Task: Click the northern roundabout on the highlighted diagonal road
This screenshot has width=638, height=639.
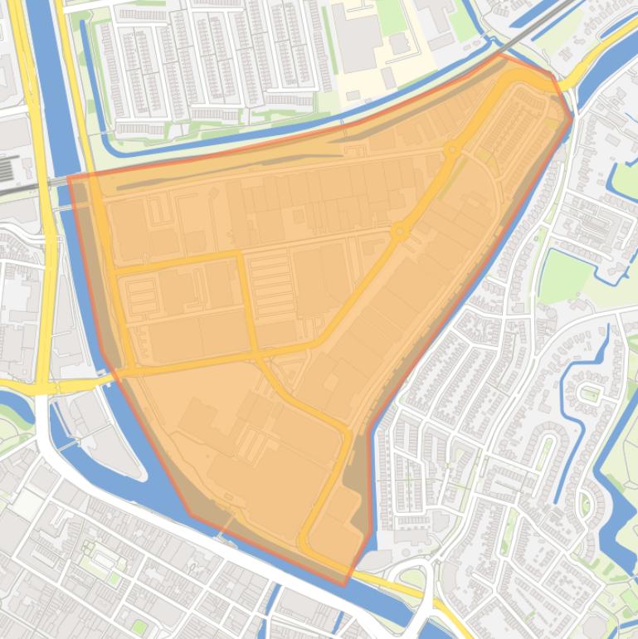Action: pos(452,150)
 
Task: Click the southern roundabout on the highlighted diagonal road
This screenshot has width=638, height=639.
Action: pos(399,232)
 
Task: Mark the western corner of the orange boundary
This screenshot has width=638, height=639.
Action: pos(68,176)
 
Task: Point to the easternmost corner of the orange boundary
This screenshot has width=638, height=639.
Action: pos(572,117)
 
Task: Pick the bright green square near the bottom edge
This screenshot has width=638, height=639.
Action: pos(139,627)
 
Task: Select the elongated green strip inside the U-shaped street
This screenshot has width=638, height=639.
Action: pos(543,452)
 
